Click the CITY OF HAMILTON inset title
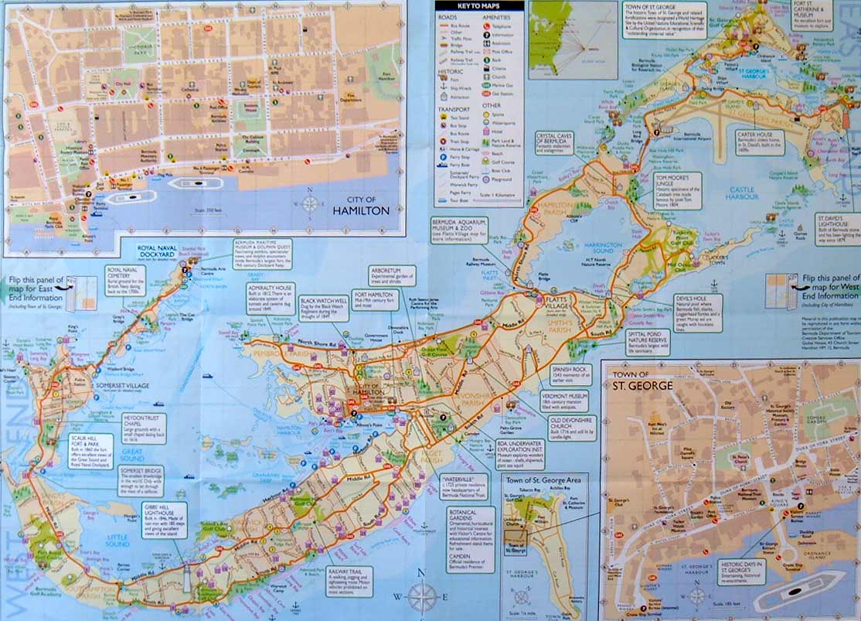click(361, 205)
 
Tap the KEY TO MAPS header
click(478, 6)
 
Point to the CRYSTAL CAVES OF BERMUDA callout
click(554, 143)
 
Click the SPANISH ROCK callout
click(571, 374)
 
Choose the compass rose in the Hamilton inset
click(310, 203)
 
